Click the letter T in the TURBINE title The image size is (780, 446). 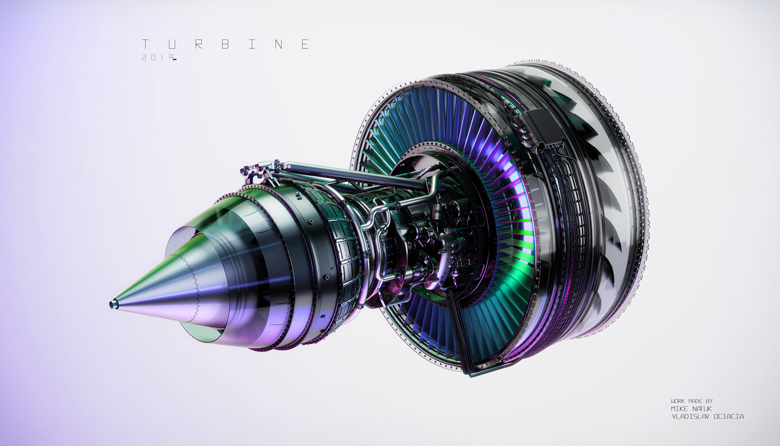click(145, 45)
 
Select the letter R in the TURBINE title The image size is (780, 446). click(198, 45)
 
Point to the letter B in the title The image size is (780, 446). click(225, 45)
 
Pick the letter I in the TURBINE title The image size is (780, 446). click(252, 45)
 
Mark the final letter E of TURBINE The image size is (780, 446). click(305, 45)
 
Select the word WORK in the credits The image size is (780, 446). click(678, 401)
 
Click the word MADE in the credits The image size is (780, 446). click(694, 401)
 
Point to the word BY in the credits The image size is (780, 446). click(708, 401)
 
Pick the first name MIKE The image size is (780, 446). click(680, 409)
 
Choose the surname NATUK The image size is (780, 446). click(703, 409)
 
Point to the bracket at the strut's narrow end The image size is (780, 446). click(253, 170)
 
